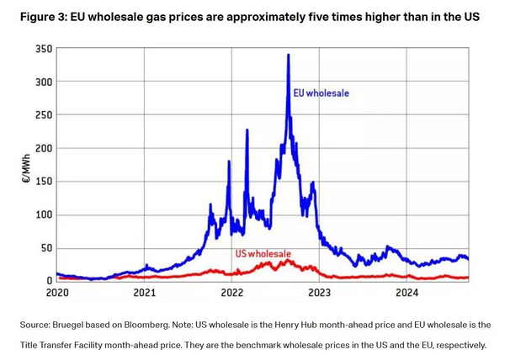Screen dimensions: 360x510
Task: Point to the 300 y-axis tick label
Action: click(42, 82)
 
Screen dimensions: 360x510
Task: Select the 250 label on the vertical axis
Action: click(42, 114)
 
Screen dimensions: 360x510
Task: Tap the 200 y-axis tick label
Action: click(42, 148)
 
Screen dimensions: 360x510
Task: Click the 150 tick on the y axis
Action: click(42, 181)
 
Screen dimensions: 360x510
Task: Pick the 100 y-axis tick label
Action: click(42, 214)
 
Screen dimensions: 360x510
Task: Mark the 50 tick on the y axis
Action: click(45, 247)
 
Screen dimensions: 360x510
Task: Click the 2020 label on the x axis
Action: click(57, 293)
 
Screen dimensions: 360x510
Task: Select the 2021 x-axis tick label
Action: click(145, 293)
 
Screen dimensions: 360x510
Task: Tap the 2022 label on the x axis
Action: click(231, 293)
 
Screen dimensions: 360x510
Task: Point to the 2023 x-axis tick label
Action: click(319, 293)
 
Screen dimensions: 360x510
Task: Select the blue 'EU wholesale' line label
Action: click(321, 93)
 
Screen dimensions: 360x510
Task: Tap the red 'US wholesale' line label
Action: click(262, 253)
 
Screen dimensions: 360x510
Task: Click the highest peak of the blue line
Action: click(289, 56)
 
